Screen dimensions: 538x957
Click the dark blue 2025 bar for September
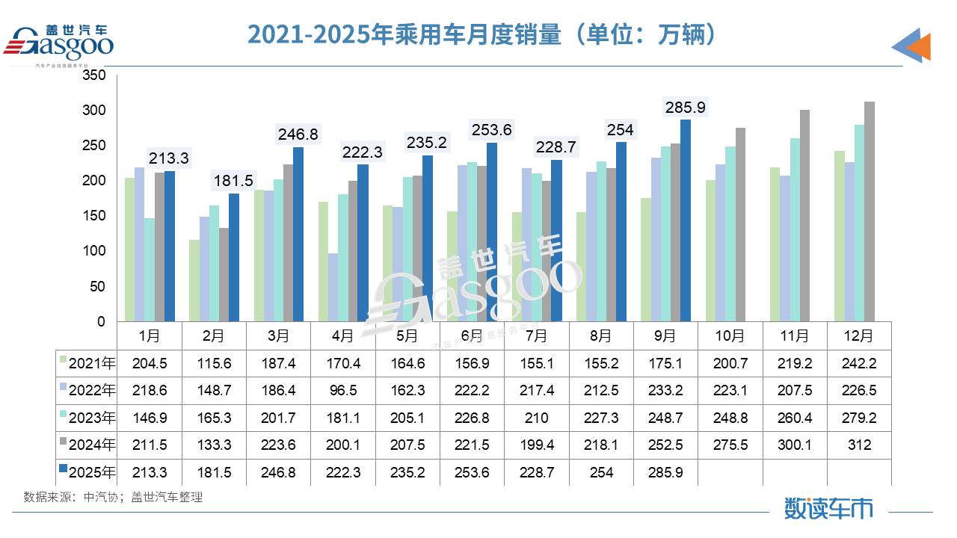pyautogui.click(x=686, y=220)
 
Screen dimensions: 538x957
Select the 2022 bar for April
pyautogui.click(x=332, y=288)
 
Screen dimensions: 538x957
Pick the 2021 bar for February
pyautogui.click(x=194, y=281)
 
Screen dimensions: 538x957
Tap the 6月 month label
pyautogui.click(x=472, y=336)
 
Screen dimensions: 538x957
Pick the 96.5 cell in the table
pyautogui.click(x=342, y=390)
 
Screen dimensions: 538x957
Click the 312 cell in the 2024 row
pyautogui.click(x=860, y=445)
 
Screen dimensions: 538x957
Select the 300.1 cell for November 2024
pyautogui.click(x=795, y=445)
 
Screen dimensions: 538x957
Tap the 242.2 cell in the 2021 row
pyautogui.click(x=860, y=363)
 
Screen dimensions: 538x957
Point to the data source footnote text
pyautogui.click(x=113, y=497)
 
